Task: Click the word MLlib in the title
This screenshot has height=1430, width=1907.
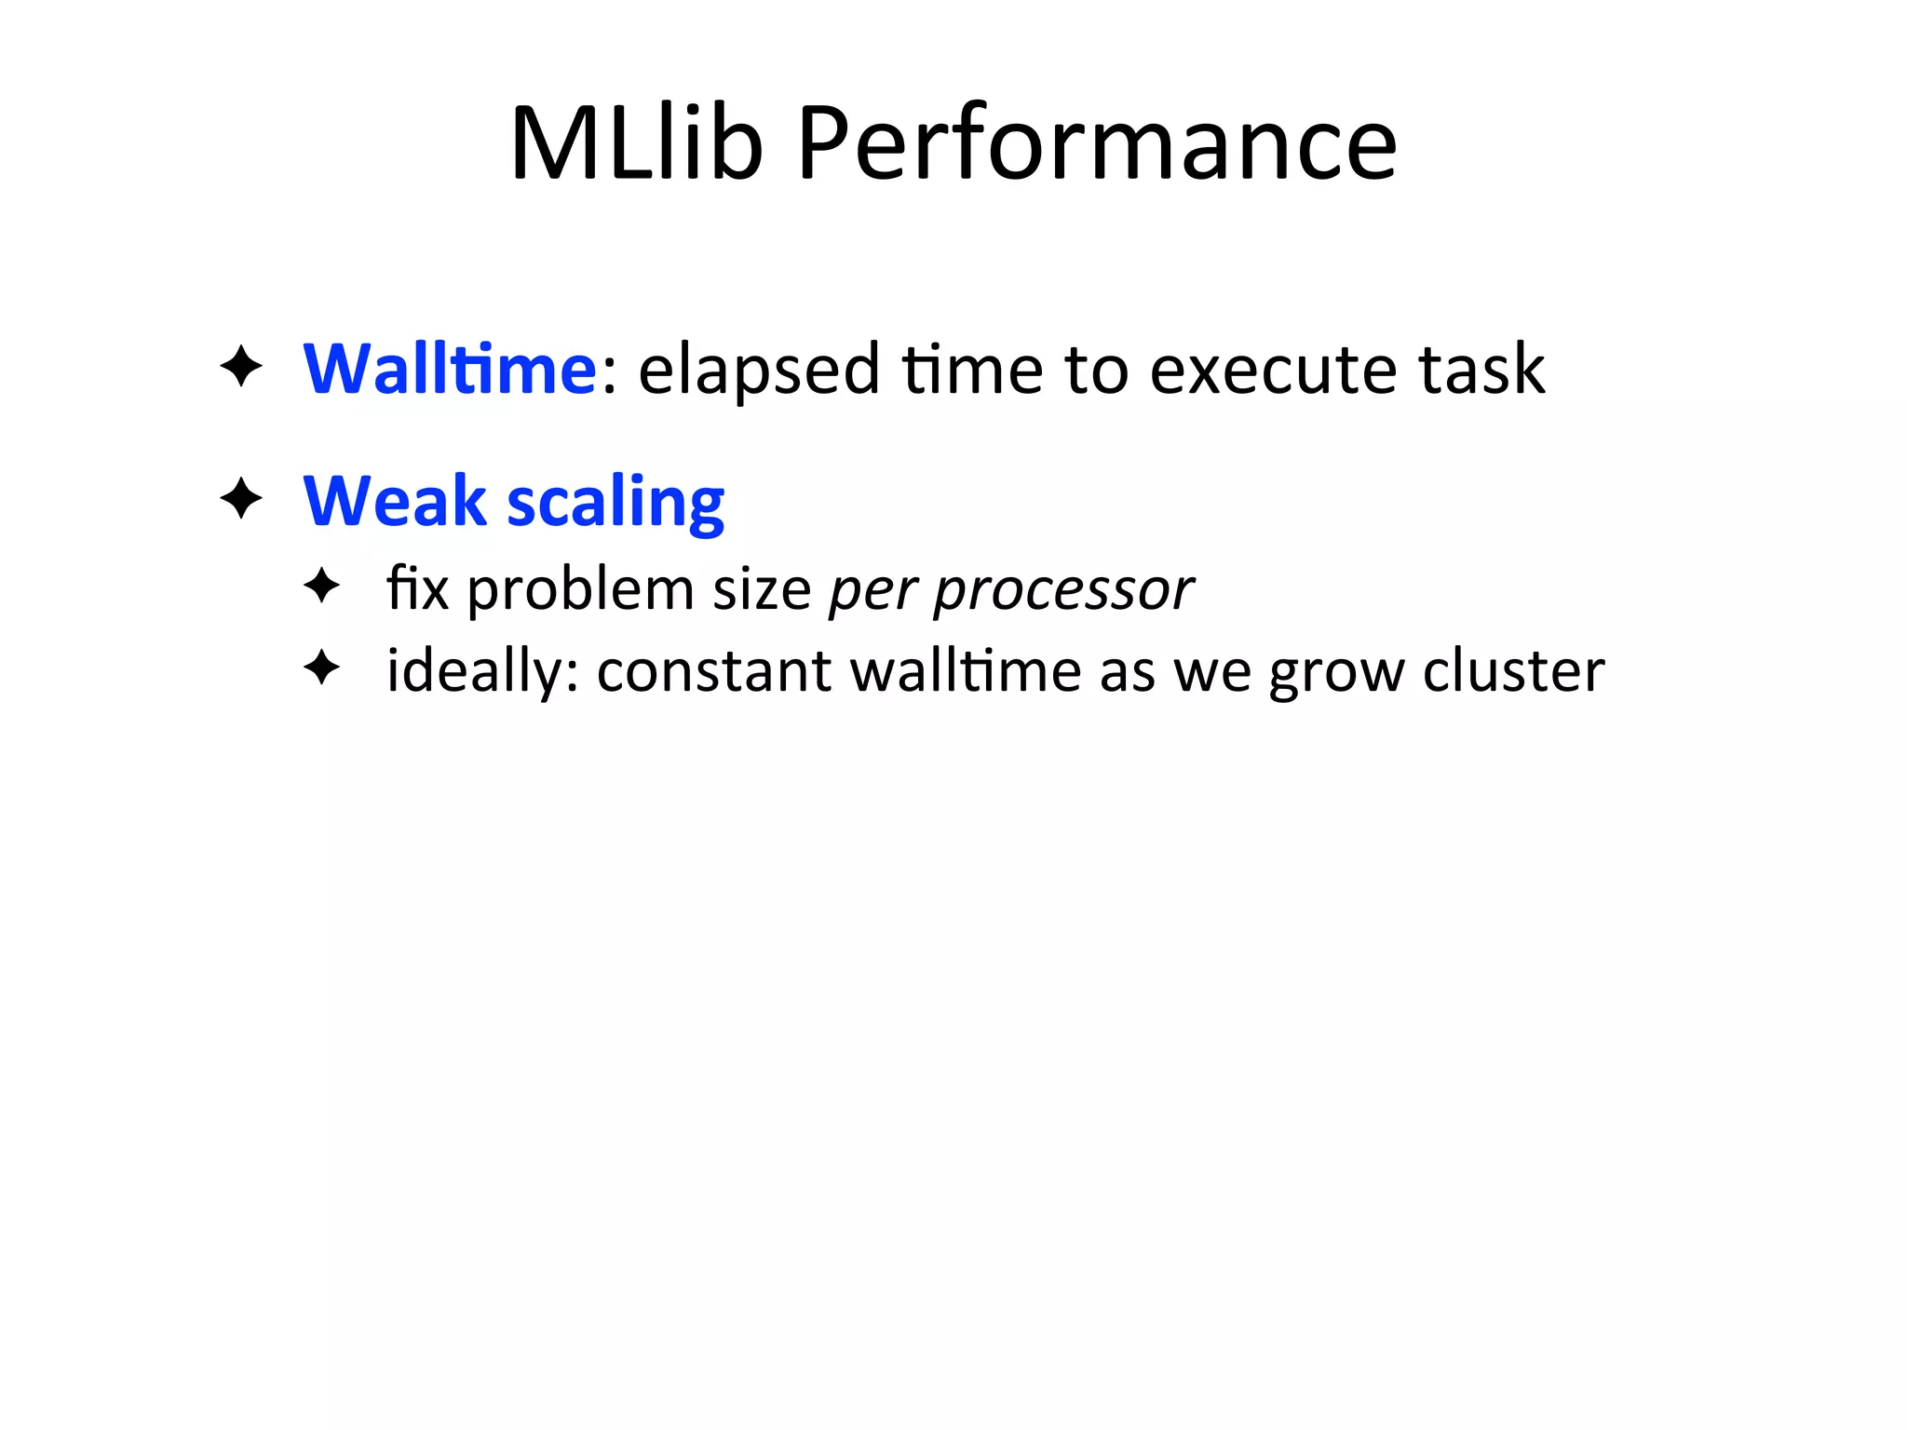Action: [637, 144]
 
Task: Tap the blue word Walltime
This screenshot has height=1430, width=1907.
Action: [450, 370]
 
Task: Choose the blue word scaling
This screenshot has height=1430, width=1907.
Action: [615, 504]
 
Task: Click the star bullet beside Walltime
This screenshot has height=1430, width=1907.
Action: [241, 366]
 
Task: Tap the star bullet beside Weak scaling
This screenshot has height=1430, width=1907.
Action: [241, 499]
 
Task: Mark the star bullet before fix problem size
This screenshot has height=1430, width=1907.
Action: [322, 587]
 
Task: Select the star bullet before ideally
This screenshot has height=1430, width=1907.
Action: [322, 668]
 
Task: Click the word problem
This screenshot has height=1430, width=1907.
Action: [580, 590]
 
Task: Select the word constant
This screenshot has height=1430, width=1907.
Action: [713, 671]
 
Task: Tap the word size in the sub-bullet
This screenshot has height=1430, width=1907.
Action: [762, 590]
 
